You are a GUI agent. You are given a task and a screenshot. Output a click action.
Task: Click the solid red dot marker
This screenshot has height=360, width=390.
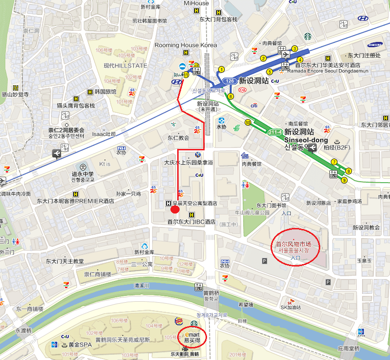coord(175,209)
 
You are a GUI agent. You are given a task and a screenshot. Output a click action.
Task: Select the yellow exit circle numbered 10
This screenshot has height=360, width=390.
coord(248,123)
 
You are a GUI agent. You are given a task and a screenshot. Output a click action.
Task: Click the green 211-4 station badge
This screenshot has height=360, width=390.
coord(275,131)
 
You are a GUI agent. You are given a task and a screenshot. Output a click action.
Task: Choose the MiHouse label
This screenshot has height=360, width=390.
coord(196,3)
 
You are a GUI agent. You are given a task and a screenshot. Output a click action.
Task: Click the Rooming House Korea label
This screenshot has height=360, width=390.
coord(186,45)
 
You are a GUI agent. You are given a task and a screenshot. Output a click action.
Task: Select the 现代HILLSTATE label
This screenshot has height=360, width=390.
coord(126,66)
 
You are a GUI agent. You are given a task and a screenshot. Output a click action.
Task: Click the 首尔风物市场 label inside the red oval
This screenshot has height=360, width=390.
coord(294,244)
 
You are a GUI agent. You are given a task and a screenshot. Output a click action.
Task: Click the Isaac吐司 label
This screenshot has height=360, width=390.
coord(104,134)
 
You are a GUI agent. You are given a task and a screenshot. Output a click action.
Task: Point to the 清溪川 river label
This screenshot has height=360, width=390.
coord(142,285)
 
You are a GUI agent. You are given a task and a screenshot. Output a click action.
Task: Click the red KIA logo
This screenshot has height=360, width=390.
coord(243,90)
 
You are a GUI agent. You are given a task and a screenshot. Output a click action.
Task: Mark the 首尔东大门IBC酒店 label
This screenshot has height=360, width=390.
coord(191,222)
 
